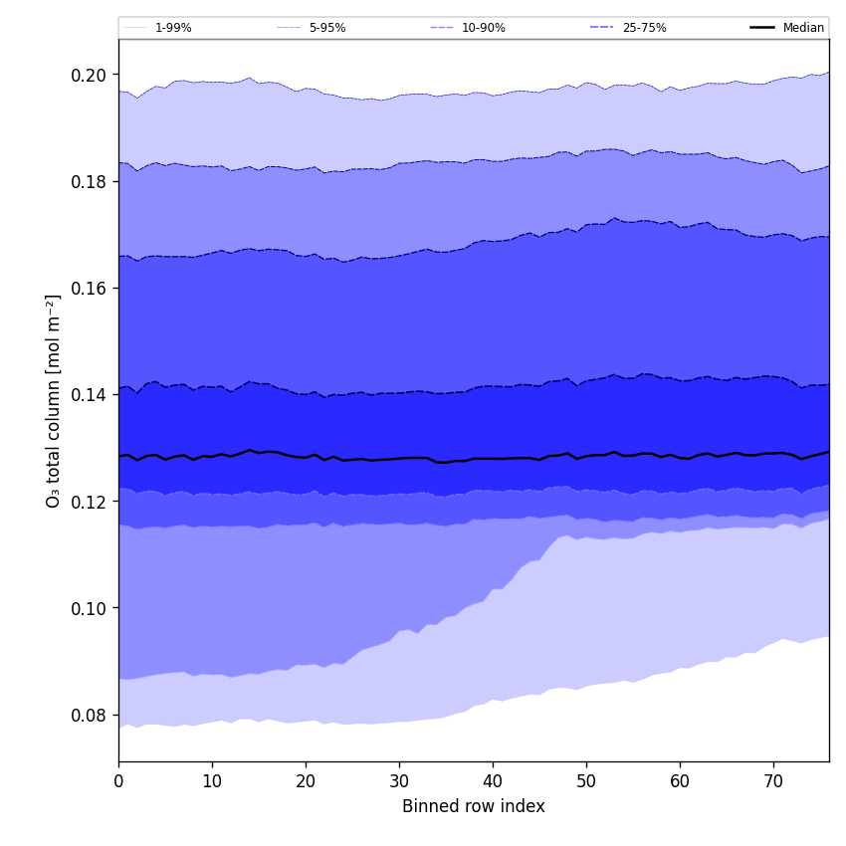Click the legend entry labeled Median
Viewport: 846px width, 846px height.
coord(803,28)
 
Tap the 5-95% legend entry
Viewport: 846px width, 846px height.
coord(326,28)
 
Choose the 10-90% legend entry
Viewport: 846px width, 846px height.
coord(483,28)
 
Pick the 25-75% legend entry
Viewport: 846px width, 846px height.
coord(644,28)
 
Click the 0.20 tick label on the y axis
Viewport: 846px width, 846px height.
coord(88,75)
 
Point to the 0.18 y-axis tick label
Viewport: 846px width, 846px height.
coord(88,181)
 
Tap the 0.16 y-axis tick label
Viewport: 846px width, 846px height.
coord(88,288)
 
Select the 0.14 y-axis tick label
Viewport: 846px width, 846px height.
coord(88,395)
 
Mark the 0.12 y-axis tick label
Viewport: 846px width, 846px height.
coord(88,502)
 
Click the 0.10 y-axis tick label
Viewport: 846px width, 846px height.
coord(88,608)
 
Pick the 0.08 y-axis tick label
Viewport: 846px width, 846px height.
coord(88,715)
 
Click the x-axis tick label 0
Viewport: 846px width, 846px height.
coord(118,781)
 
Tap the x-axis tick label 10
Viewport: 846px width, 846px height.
coord(212,781)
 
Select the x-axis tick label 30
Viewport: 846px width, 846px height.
coord(399,781)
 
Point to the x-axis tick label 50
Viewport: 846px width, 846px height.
coord(586,781)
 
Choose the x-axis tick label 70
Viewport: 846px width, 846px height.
coord(773,781)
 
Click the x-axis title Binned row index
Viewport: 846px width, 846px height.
coord(474,806)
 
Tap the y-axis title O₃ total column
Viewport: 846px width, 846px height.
coord(54,400)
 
